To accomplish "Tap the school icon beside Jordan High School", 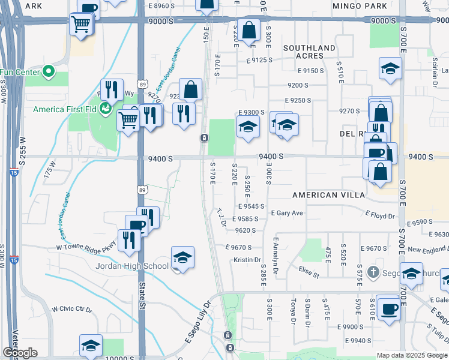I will pyautogui.click(x=182, y=258).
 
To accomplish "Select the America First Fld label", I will pyautogui.click(x=65, y=109).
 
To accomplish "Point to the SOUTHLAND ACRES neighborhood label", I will pyautogui.click(x=309, y=52).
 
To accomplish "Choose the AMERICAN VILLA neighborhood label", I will pyautogui.click(x=328, y=196).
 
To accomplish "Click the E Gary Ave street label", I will pyautogui.click(x=287, y=213).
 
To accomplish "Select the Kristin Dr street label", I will pyautogui.click(x=247, y=260).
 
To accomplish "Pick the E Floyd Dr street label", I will pyautogui.click(x=381, y=215).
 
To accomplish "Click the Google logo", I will pyautogui.click(x=19, y=352).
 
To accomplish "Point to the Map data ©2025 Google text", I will pyautogui.click(x=412, y=355).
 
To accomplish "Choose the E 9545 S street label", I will pyautogui.click(x=252, y=206).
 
